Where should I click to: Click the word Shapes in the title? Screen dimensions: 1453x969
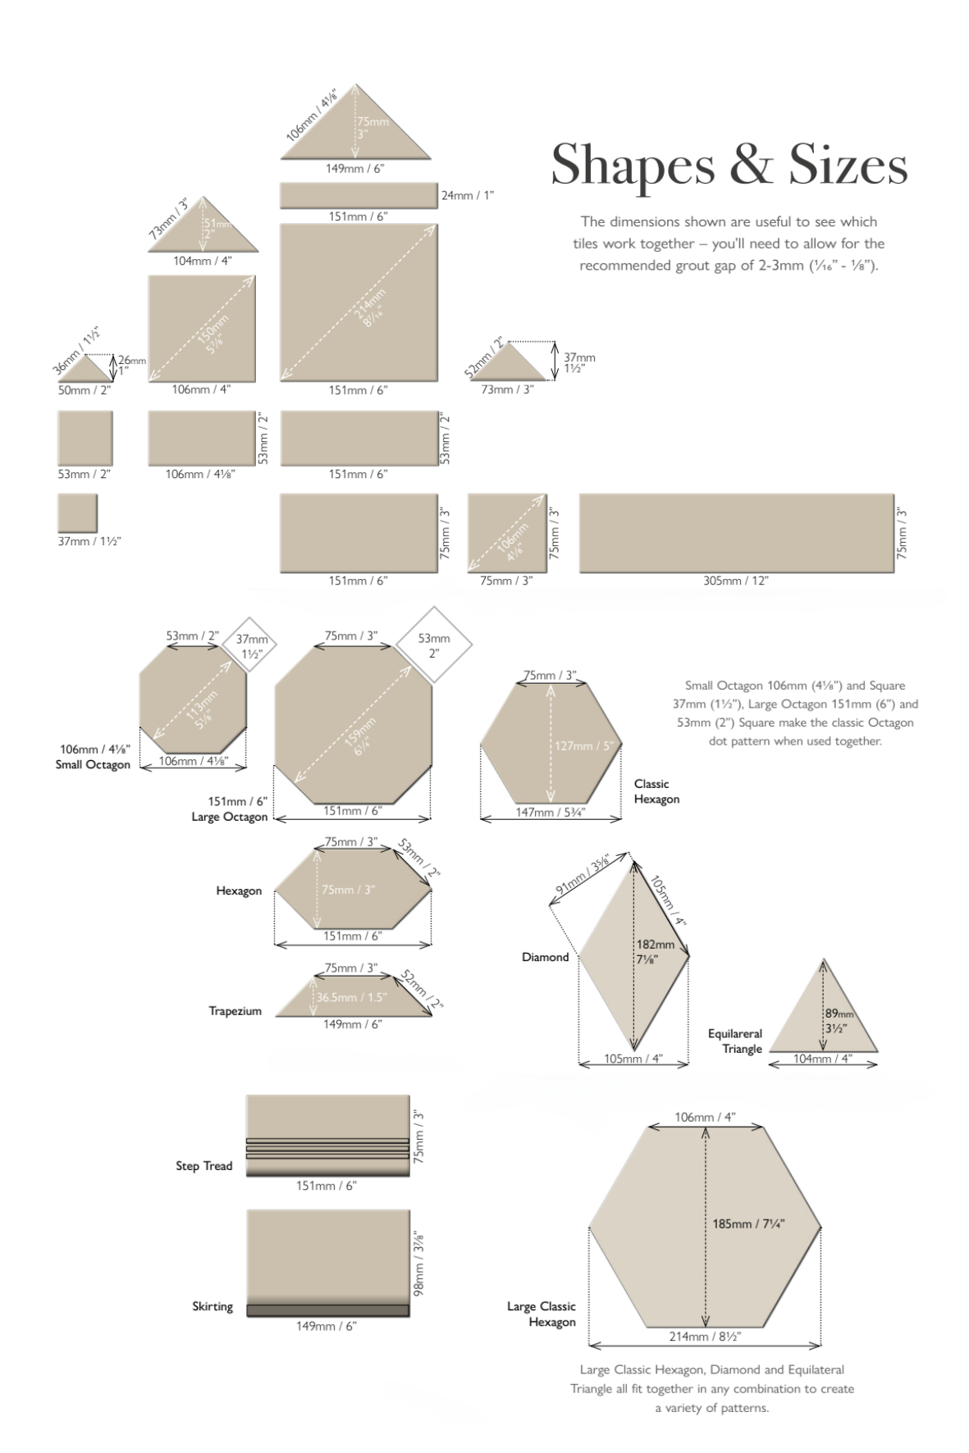(633, 166)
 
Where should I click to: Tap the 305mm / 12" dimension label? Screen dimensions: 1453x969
(735, 581)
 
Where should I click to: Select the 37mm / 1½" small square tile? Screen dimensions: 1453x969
(77, 513)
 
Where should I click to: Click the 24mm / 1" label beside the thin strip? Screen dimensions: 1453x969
(468, 195)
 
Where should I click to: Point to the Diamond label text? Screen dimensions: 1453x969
(545, 957)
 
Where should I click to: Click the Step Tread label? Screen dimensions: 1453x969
(203, 1165)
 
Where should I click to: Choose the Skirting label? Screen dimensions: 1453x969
(213, 1306)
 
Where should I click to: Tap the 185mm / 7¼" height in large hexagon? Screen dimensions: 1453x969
(748, 1223)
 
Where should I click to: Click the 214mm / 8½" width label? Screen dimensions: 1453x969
(705, 1336)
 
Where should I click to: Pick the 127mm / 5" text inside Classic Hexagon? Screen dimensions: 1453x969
(584, 746)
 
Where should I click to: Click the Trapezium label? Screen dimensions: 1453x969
(235, 1011)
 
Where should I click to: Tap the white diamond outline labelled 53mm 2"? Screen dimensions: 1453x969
(434, 645)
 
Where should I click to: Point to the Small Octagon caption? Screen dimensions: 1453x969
(93, 764)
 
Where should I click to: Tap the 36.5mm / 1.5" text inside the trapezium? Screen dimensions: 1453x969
(348, 997)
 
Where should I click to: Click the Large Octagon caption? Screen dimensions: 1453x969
(229, 817)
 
